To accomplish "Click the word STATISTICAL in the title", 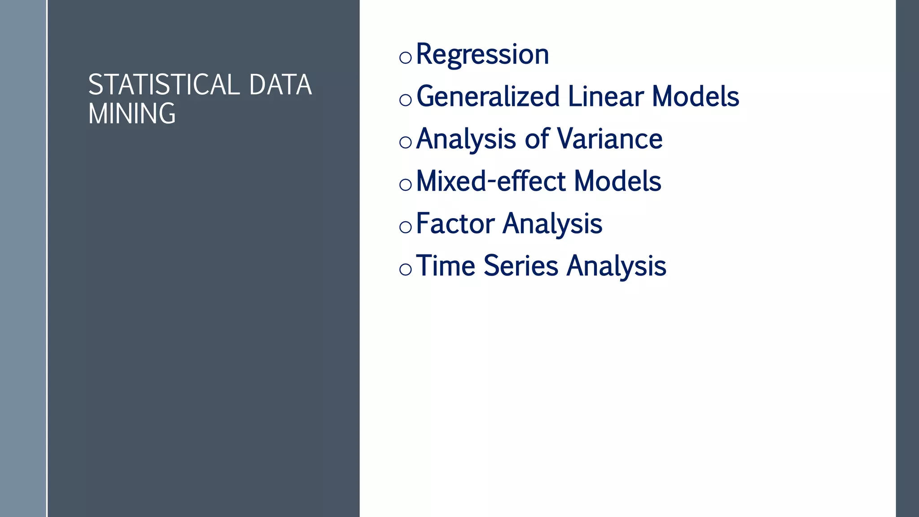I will (164, 85).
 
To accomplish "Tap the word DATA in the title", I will (280, 85).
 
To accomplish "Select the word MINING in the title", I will (131, 114).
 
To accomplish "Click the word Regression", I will (482, 54).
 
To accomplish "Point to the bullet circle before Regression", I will (405, 57).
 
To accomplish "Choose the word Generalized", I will (488, 97).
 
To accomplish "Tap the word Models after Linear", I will (696, 96).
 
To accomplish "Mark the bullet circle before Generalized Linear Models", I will (405, 100).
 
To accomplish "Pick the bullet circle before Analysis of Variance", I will (405, 142).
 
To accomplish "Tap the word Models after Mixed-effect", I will (617, 181).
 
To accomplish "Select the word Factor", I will (455, 223).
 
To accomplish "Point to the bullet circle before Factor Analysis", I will (405, 227).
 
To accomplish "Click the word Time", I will (446, 266).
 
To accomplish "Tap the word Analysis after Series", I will (617, 266).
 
